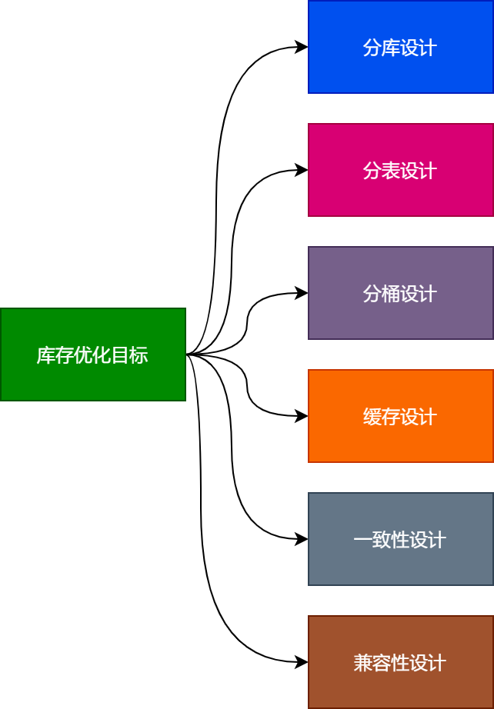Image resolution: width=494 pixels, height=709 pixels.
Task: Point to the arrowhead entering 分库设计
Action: (302, 47)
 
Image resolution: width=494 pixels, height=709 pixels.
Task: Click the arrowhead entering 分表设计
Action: (302, 170)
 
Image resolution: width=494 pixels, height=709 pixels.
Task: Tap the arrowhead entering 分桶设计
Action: (302, 293)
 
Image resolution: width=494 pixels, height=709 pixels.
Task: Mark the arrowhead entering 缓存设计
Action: (302, 416)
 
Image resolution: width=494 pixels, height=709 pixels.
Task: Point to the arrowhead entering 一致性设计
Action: (302, 539)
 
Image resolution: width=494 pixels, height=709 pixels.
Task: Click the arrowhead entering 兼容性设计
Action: (302, 662)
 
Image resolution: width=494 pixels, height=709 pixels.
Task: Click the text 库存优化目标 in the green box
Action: (92, 355)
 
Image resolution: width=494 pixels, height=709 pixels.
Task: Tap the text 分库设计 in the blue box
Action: (400, 48)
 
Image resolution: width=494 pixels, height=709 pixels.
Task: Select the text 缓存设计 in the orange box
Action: (400, 417)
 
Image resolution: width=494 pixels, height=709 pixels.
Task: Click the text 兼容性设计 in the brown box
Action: (400, 663)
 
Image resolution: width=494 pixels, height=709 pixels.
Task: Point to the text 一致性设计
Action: (400, 540)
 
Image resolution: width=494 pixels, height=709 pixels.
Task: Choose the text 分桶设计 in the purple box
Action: (400, 294)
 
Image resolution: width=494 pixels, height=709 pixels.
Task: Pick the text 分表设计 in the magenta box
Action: (400, 171)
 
